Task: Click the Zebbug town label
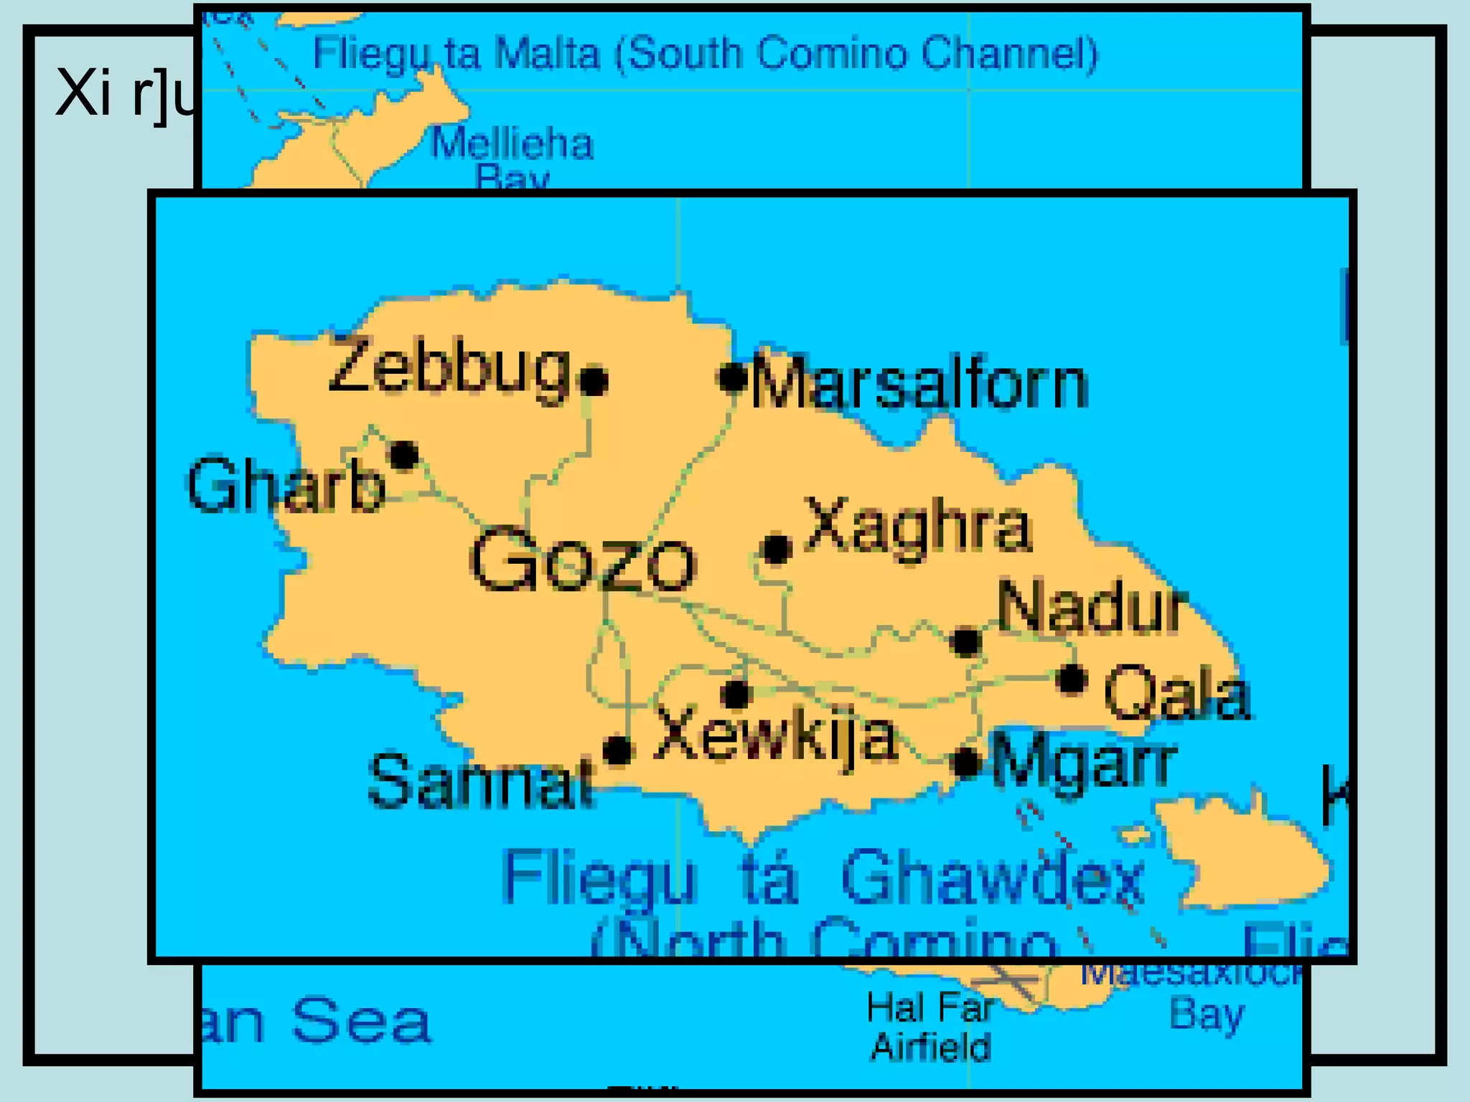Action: coord(449,367)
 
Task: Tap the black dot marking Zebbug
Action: coord(594,380)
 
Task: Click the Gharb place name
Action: coord(286,486)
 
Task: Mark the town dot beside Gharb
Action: coord(404,455)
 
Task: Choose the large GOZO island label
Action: coord(582,561)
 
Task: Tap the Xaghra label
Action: coord(919,527)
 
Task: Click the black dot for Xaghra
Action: coord(777,550)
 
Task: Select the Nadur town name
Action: coord(1092,607)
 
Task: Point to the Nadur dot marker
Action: coord(966,641)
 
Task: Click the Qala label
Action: coord(1178,692)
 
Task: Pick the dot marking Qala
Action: coord(1072,678)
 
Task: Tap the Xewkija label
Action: coord(776,735)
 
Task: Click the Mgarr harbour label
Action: coord(1085,762)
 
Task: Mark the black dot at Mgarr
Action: coord(967,762)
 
